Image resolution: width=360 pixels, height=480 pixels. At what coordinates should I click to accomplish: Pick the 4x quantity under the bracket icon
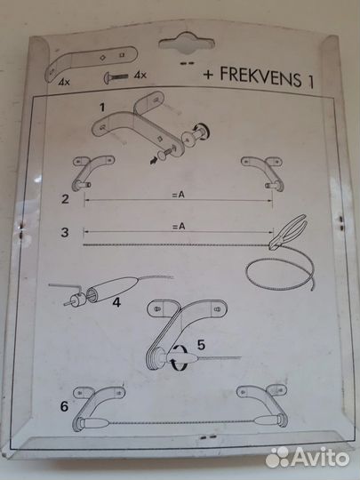tap(63, 82)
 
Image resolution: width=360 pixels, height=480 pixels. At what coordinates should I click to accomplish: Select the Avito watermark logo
tap(308, 457)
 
